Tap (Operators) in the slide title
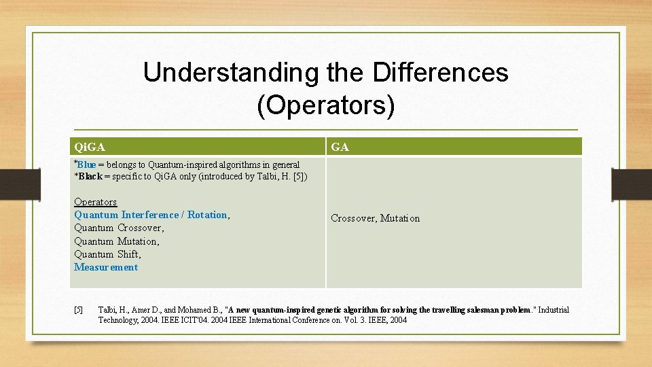coord(325,105)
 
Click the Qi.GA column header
coord(90,147)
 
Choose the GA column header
coord(340,147)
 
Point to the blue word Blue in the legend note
coord(86,164)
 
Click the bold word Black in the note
coord(90,176)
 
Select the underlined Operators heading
coord(95,202)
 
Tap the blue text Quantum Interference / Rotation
coord(151,215)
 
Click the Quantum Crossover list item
coord(119,228)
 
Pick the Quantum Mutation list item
coord(116,241)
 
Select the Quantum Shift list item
coord(107,254)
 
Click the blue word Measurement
coord(106,267)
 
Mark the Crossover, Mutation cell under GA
coord(375,218)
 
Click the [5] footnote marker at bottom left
coord(78,311)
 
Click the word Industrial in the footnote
coord(554,310)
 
